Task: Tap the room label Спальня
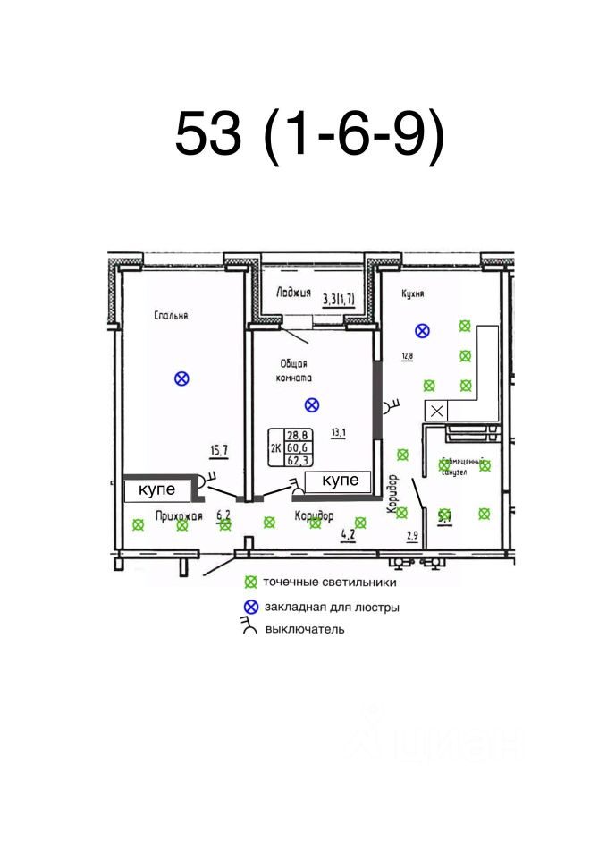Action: (170, 315)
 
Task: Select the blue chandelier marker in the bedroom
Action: (181, 378)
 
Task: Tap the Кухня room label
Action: (412, 293)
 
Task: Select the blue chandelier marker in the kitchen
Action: (422, 330)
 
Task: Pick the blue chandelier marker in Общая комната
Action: (311, 404)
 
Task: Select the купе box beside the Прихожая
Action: (158, 490)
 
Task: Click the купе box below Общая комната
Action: (339, 481)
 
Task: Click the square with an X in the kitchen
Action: (436, 411)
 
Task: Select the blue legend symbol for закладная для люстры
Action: (251, 606)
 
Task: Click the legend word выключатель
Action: (304, 629)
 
